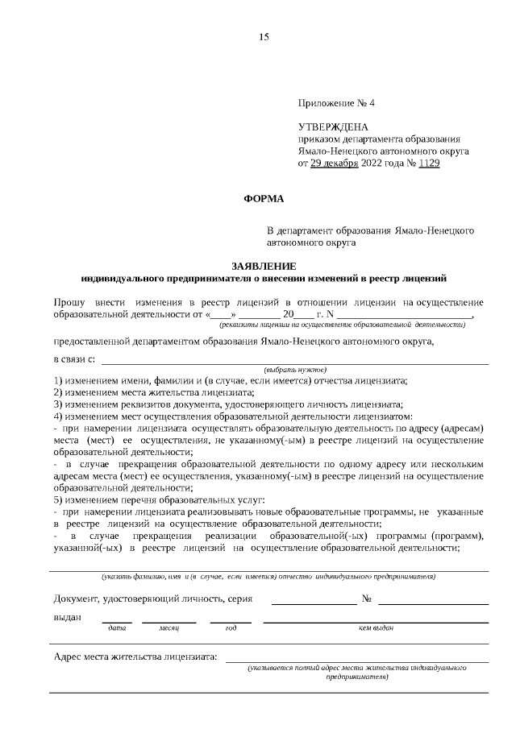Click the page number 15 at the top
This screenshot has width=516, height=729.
[264, 38]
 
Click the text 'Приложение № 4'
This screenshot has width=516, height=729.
[336, 104]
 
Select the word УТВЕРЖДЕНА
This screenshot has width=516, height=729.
[333, 127]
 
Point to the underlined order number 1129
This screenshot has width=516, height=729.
[430, 164]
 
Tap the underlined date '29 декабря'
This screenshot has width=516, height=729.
[336, 164]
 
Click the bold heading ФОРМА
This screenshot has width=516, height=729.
[264, 198]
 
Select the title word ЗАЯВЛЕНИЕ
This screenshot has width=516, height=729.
[264, 266]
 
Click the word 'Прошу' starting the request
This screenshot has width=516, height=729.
[68, 301]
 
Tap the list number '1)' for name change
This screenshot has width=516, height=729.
[58, 380]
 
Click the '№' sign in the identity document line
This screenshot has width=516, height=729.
[367, 599]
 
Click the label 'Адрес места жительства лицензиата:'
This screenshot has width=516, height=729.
[135, 657]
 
